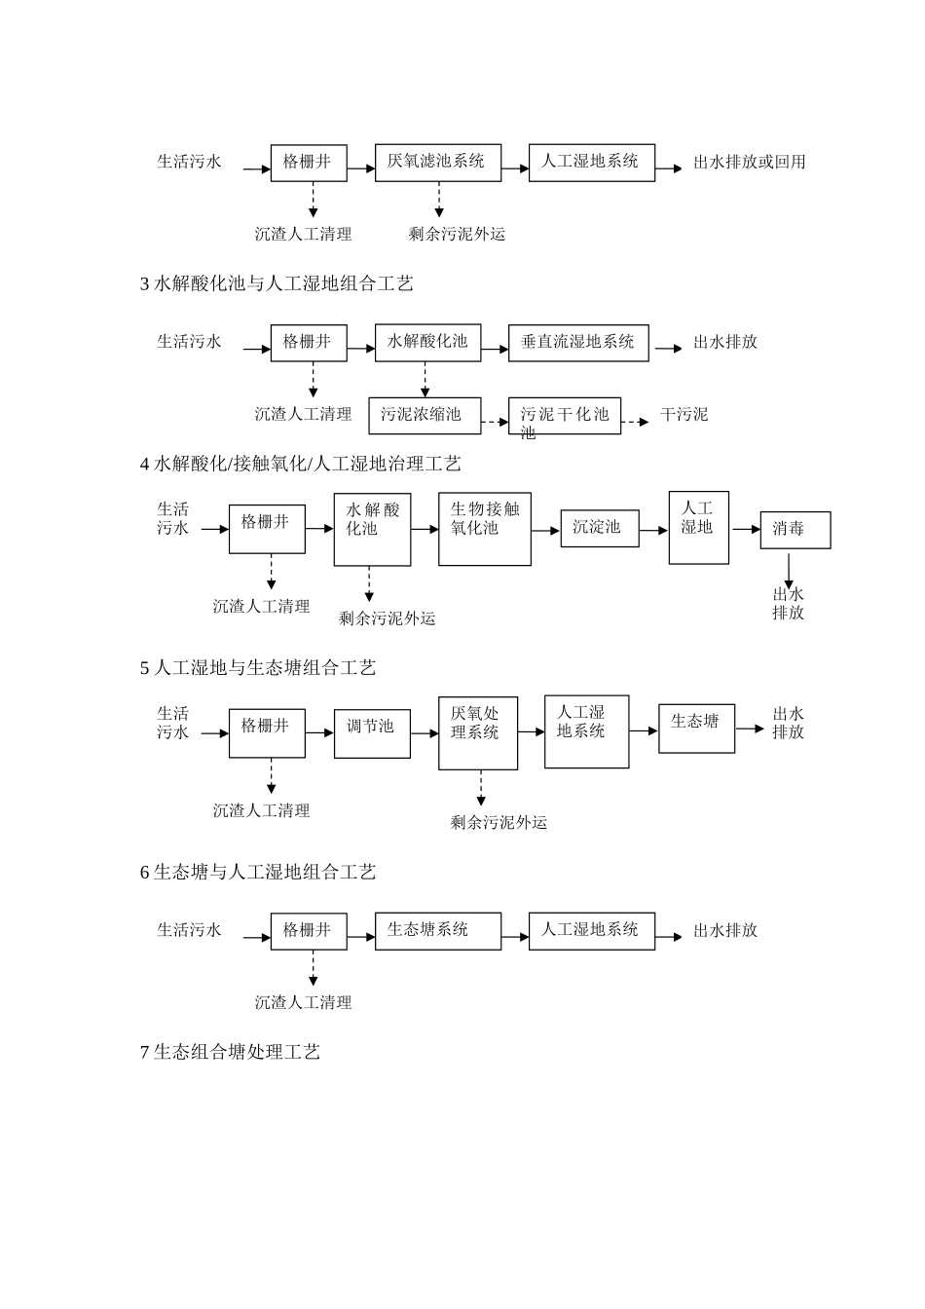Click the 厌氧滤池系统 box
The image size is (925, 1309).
436,162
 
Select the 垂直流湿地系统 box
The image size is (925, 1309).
577,342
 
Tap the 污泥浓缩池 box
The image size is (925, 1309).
425,415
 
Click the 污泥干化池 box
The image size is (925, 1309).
565,416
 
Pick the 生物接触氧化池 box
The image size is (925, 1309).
484,528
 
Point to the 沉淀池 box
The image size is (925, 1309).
599,527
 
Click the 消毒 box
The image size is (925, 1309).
795,530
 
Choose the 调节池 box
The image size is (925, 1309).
372,726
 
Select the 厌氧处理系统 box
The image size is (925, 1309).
477,732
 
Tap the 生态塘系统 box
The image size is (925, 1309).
437,930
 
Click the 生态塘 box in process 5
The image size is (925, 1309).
696,728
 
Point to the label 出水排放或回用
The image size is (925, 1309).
749,163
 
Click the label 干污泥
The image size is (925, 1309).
684,415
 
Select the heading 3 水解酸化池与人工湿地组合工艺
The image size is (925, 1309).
277,283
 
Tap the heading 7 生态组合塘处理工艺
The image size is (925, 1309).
230,1052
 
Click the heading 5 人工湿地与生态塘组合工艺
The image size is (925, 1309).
257,667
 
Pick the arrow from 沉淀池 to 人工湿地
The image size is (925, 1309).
653,529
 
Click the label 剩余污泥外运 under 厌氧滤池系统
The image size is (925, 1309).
457,234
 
